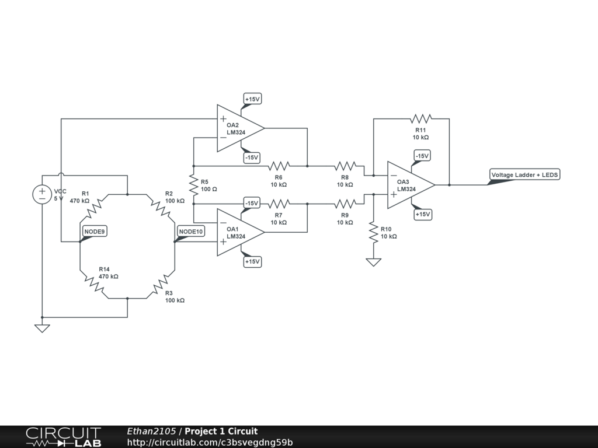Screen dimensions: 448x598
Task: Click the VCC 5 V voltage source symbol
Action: click(42, 194)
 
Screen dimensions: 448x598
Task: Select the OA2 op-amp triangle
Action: click(238, 128)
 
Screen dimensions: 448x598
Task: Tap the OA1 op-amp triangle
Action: click(238, 232)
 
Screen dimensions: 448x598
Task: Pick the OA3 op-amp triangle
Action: click(409, 185)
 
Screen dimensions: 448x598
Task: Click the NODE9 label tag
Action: click(95, 232)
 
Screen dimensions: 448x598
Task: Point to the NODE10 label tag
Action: click(191, 232)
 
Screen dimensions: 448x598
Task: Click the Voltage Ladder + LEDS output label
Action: click(524, 175)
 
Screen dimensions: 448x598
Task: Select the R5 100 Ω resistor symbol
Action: click(194, 185)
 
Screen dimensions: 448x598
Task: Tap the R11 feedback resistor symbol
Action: click(420, 118)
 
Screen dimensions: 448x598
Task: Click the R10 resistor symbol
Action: click(373, 233)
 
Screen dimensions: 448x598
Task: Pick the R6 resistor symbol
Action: click(279, 166)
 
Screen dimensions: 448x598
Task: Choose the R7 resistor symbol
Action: click(279, 204)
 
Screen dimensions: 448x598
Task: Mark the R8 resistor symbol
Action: click(345, 166)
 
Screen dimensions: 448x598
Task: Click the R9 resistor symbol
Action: click(345, 204)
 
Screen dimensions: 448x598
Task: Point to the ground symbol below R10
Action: click(373, 262)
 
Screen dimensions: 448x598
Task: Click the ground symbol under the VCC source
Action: click(42, 328)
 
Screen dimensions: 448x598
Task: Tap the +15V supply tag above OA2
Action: click(252, 99)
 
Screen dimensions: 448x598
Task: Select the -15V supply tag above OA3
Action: click(422, 156)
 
